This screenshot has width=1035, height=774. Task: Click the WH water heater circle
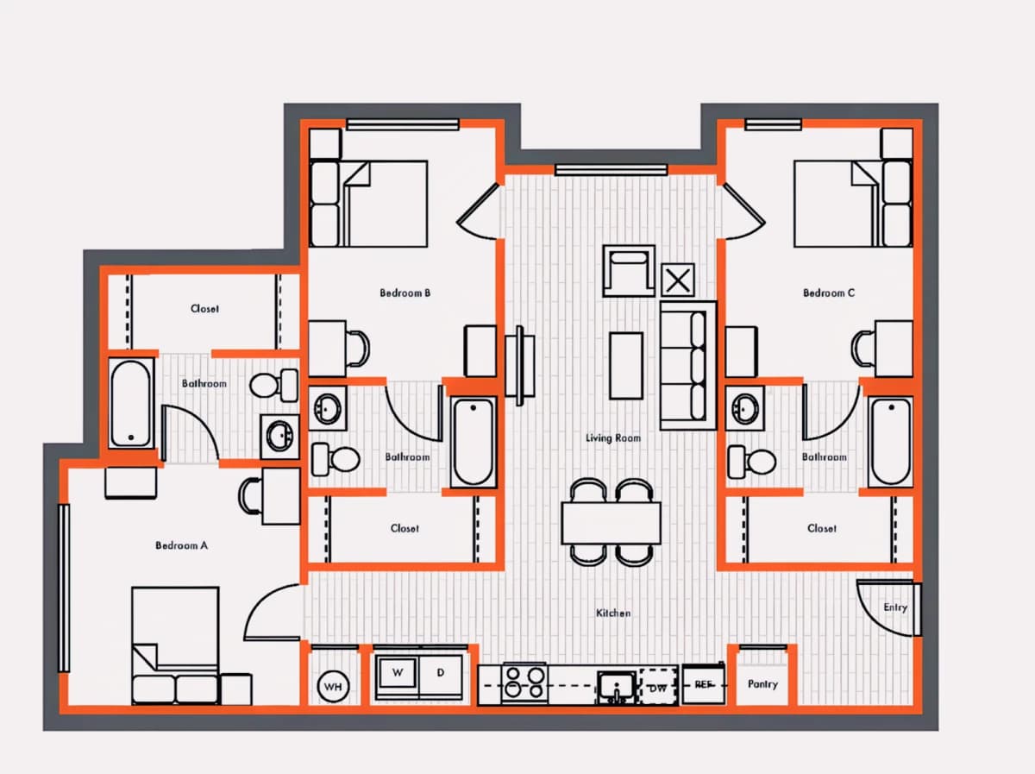tap(334, 686)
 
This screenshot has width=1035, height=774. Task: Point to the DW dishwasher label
tap(658, 689)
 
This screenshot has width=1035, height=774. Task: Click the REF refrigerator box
tap(704, 684)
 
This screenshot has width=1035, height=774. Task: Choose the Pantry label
tap(762, 684)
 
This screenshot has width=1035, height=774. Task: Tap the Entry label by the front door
tap(895, 607)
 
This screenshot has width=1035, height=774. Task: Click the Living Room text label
tap(613, 438)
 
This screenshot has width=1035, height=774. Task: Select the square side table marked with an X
tap(678, 280)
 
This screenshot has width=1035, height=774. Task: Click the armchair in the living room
tap(629, 271)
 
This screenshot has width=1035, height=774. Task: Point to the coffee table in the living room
tap(626, 366)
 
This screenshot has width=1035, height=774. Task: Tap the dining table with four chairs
tap(612, 523)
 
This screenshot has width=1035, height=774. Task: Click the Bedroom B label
tap(405, 293)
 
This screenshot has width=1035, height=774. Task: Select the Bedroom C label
tap(829, 293)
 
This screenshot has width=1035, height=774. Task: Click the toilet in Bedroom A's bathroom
tap(274, 385)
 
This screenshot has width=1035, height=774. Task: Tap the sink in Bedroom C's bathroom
tap(744, 408)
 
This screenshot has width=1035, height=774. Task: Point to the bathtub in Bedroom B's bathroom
tap(474, 442)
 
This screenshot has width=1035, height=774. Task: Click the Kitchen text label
tap(613, 614)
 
